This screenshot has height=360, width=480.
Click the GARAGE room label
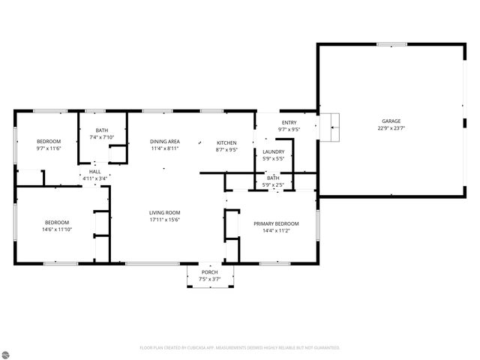[x=391, y=121]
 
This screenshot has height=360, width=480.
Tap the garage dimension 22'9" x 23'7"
[x=391, y=128]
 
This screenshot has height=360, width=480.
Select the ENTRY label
[x=289, y=122]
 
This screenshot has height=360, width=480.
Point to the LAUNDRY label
[x=273, y=151]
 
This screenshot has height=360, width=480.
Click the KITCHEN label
[x=226, y=142]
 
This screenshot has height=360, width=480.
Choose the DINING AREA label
[x=164, y=141]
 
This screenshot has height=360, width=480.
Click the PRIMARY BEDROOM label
[x=276, y=223]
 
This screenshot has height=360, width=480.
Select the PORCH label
[x=209, y=272]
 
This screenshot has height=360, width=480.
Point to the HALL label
[x=94, y=172]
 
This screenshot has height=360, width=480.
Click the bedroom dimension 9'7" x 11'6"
[x=49, y=148]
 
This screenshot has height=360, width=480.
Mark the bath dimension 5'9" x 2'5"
[x=273, y=184]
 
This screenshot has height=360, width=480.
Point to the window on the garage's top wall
[x=391, y=44]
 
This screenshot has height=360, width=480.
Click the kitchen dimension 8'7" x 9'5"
[x=226, y=149]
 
